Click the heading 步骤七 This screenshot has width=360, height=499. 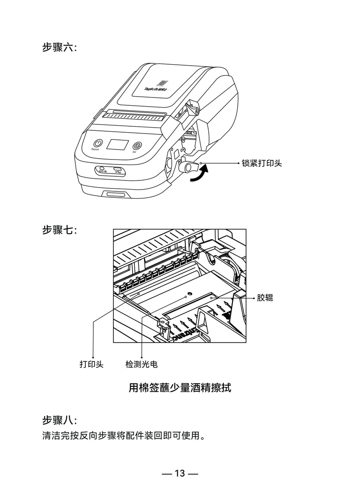[x=59, y=230]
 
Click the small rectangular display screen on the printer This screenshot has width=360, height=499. [x=117, y=145]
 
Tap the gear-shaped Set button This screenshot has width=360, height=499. [x=137, y=146]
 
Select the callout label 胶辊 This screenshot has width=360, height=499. [x=265, y=298]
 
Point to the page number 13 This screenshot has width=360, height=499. [x=180, y=473]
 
